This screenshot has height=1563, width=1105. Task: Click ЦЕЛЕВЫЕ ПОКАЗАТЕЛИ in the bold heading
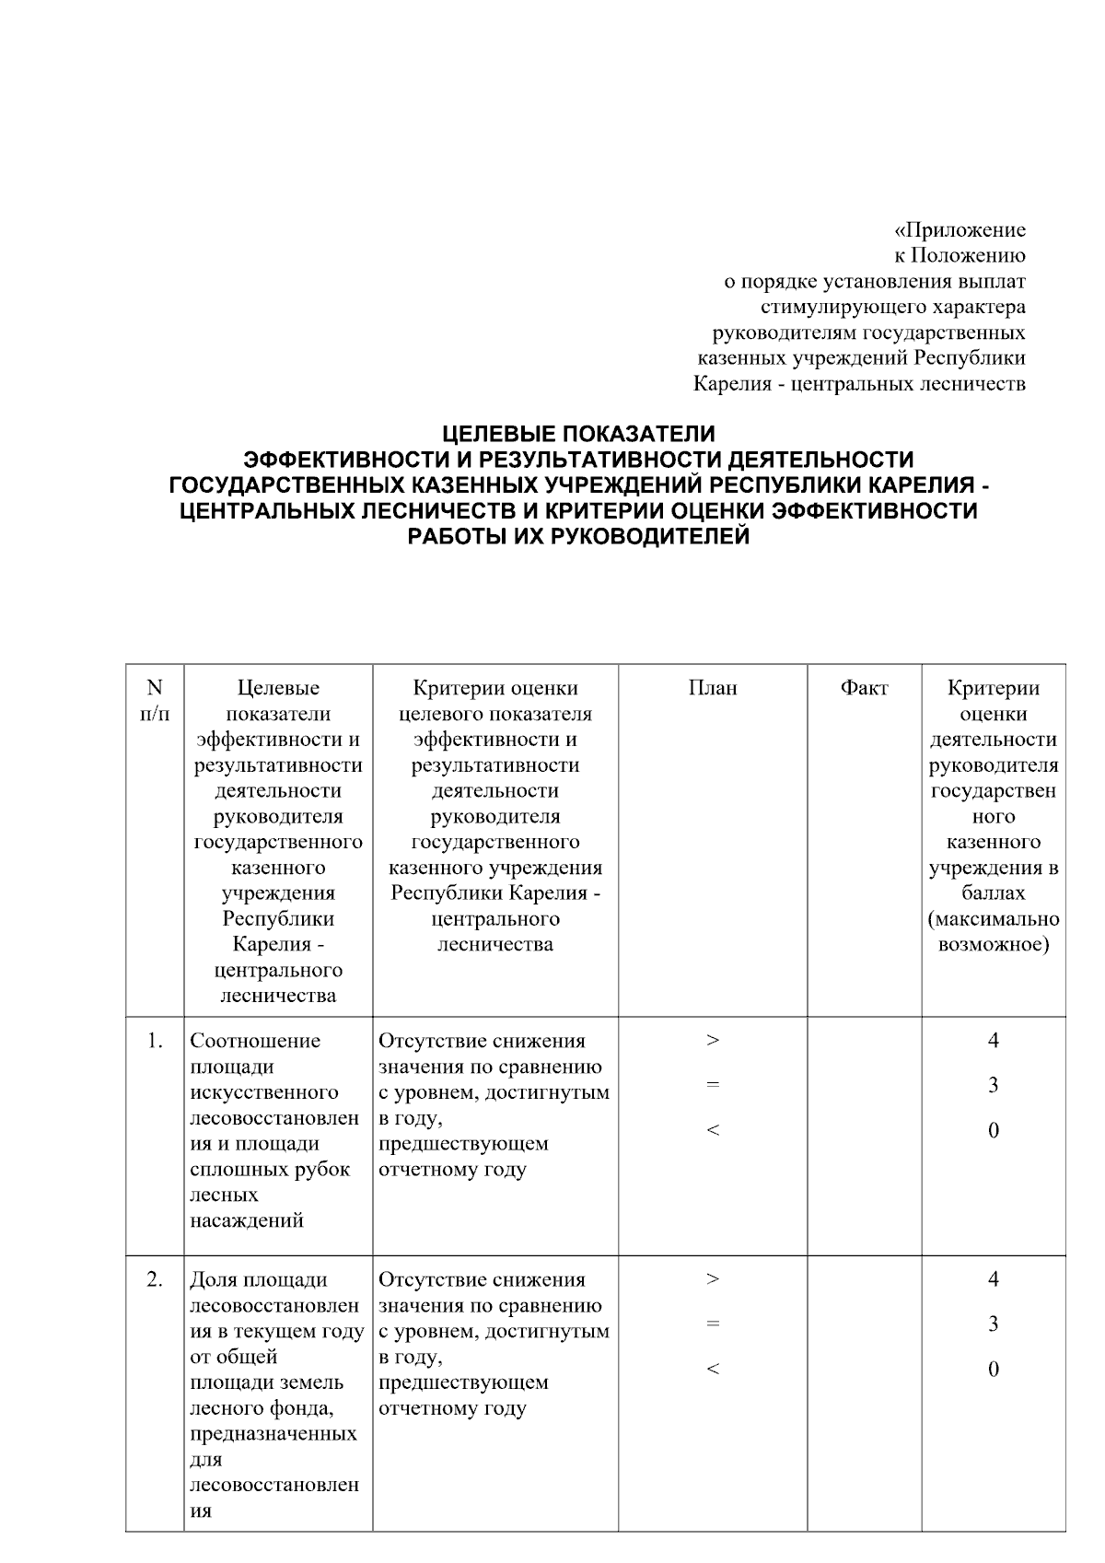578,433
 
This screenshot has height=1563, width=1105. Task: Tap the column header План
712,688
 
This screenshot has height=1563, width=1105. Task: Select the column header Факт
864,688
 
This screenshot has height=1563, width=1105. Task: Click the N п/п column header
155,700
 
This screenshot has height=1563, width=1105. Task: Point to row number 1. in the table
155,1041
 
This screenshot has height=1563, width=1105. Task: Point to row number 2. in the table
155,1279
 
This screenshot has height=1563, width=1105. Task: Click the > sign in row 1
712,1041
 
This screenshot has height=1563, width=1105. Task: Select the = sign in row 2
712,1324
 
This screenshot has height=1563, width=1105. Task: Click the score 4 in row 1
993,1041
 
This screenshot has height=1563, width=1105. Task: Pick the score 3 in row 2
993,1324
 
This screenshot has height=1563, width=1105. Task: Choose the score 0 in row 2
993,1370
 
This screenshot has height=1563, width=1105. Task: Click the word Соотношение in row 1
255,1041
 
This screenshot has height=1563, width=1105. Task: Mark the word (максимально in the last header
994,919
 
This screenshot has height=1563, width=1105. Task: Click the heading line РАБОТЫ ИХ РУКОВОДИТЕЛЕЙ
578,537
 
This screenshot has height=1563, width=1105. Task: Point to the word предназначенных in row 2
273,1434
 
